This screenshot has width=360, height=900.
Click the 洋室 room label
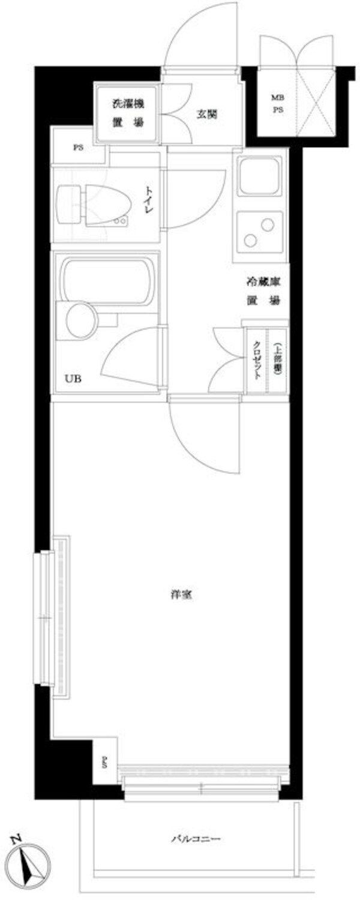[181, 596]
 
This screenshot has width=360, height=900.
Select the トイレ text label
[147, 200]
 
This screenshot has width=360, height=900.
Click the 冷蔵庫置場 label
[262, 290]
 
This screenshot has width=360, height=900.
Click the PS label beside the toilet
[78, 148]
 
